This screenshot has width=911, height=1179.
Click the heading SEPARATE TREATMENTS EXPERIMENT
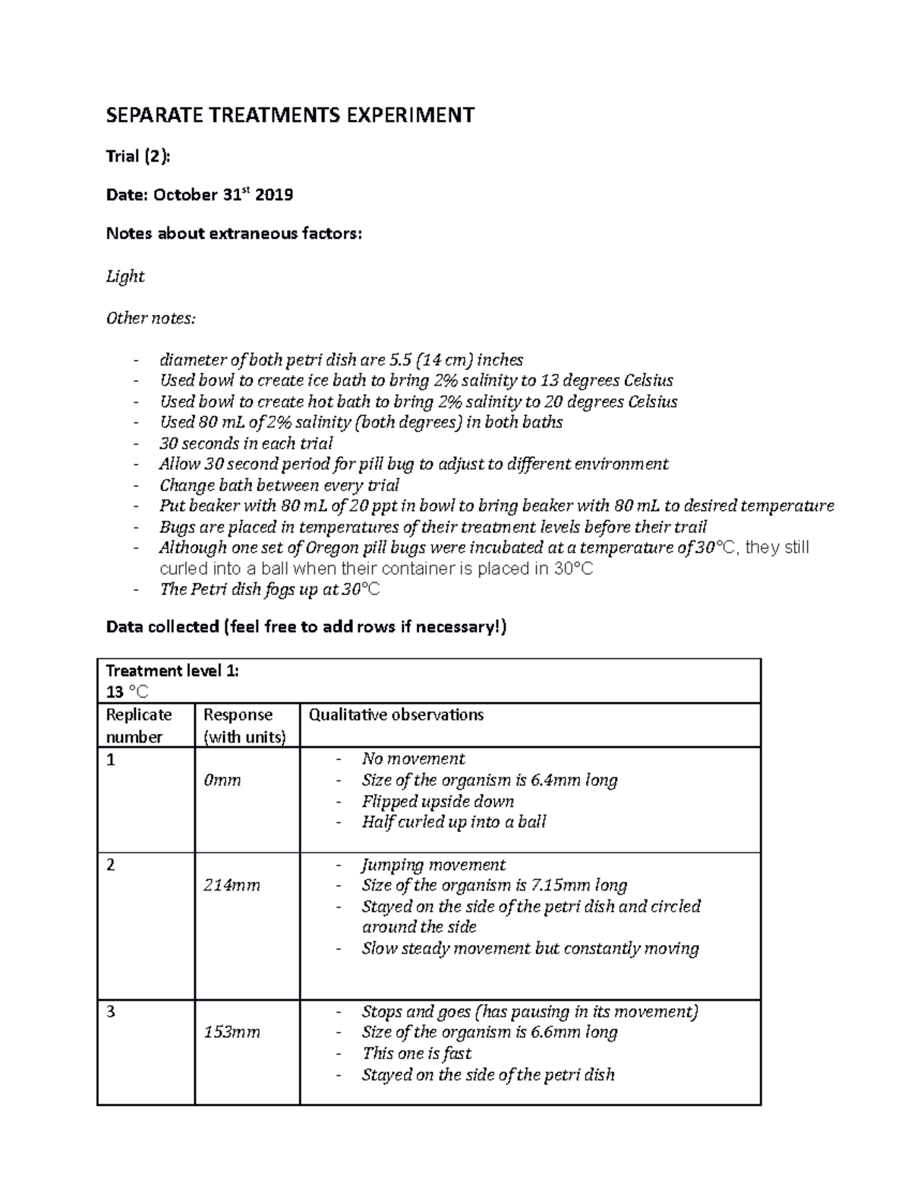coord(290,115)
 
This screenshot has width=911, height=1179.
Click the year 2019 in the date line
coord(274,195)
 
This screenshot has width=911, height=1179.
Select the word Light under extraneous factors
coord(125,276)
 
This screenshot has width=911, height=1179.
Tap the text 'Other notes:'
coord(150,318)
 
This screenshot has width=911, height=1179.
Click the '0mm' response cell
coord(222,780)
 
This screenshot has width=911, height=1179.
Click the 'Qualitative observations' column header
coord(396,715)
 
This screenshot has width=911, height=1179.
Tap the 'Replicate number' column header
coord(139,726)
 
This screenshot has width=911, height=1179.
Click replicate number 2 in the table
coord(111,865)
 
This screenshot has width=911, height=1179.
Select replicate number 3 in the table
coord(111,1012)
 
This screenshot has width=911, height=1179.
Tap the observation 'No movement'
coord(413,759)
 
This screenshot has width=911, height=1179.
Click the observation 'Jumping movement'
coord(433,865)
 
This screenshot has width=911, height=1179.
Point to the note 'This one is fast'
coord(416,1054)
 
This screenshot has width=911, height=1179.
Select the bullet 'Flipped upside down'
coord(437,802)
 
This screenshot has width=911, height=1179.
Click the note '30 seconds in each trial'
coord(246,443)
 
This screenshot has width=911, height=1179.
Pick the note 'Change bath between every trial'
coord(279,485)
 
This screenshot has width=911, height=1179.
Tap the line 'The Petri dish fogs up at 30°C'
coord(269,589)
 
